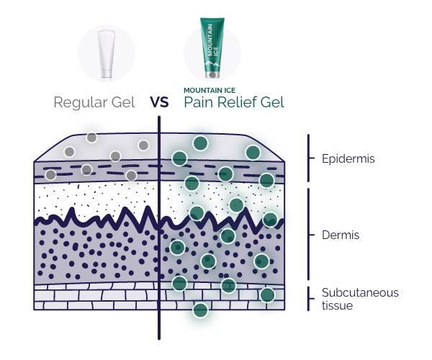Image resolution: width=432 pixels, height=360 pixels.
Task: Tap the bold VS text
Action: tap(159, 102)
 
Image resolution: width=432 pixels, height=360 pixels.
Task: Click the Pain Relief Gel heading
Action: tap(234, 102)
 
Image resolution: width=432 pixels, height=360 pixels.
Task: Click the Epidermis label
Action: tap(348, 158)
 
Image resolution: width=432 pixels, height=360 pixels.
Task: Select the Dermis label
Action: tap(341, 235)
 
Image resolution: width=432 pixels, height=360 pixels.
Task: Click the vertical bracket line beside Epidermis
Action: tap(308, 157)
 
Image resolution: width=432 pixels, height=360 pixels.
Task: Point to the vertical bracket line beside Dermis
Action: tap(308, 234)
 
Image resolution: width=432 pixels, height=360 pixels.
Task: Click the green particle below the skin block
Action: tap(200, 310)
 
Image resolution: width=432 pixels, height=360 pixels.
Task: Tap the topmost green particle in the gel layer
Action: tap(200, 143)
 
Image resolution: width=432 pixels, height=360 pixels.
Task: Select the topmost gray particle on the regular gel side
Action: tap(91, 138)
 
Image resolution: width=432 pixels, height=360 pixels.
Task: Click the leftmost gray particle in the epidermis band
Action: tap(50, 175)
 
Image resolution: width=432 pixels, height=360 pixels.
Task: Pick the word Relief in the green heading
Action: tap(239, 102)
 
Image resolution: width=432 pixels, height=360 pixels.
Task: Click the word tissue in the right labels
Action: tap(338, 306)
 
